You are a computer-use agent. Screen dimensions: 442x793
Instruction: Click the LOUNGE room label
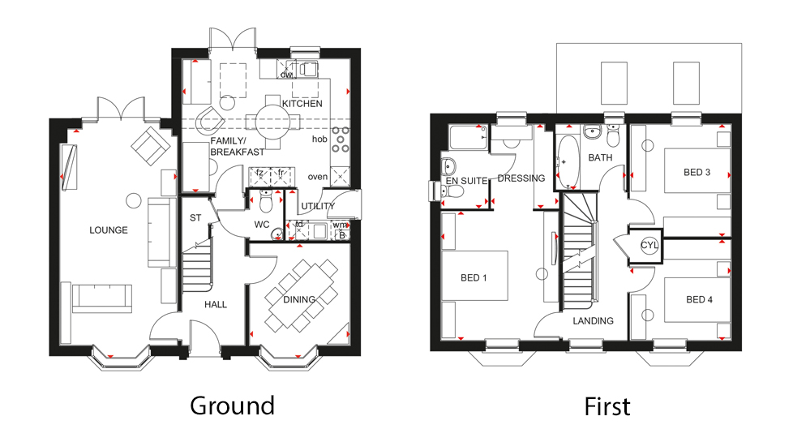click(108, 230)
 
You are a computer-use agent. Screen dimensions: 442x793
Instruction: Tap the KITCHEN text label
click(302, 104)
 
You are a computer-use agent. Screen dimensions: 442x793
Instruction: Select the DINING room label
click(299, 300)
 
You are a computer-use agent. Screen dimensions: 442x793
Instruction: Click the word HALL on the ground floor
click(216, 305)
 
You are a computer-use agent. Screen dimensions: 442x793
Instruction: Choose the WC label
click(261, 223)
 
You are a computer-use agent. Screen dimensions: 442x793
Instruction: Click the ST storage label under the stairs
click(195, 217)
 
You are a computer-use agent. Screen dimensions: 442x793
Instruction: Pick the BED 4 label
click(699, 300)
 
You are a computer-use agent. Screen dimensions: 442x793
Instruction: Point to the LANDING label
click(593, 321)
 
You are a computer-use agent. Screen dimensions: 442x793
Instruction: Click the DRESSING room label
click(515, 179)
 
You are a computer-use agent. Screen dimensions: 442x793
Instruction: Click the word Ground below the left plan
click(232, 406)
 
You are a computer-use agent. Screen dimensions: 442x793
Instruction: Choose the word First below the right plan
click(607, 406)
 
